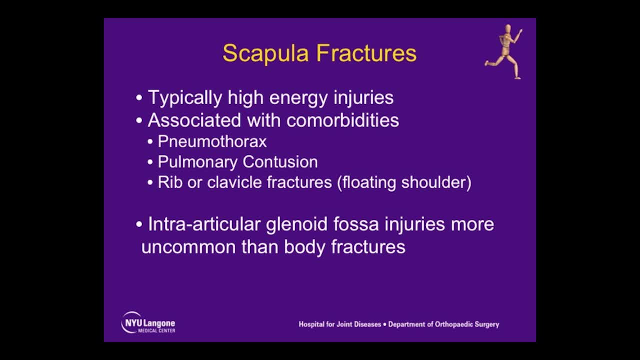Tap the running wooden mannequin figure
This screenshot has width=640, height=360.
pyautogui.click(x=505, y=51)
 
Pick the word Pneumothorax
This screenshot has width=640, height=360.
pyautogui.click(x=212, y=141)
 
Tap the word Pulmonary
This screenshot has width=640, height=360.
pyautogui.click(x=197, y=162)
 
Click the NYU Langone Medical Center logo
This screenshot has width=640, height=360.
pyautogui.click(x=148, y=322)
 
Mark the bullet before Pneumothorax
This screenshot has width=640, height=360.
pyautogui.click(x=150, y=142)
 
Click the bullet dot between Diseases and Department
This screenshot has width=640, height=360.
pyautogui.click(x=384, y=324)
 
